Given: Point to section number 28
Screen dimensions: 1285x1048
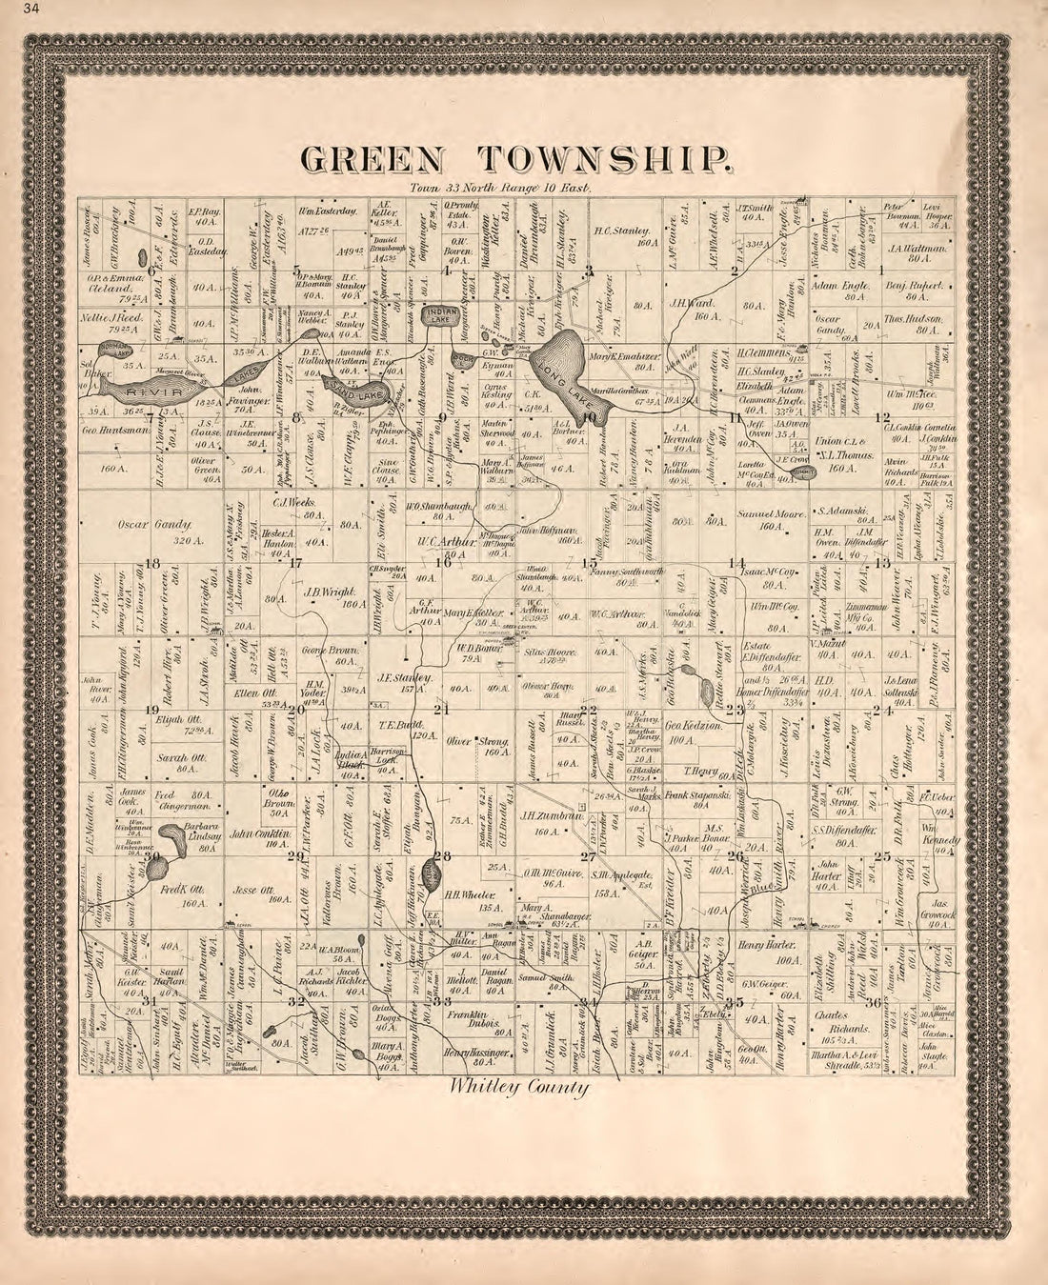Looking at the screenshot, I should click(439, 856).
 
